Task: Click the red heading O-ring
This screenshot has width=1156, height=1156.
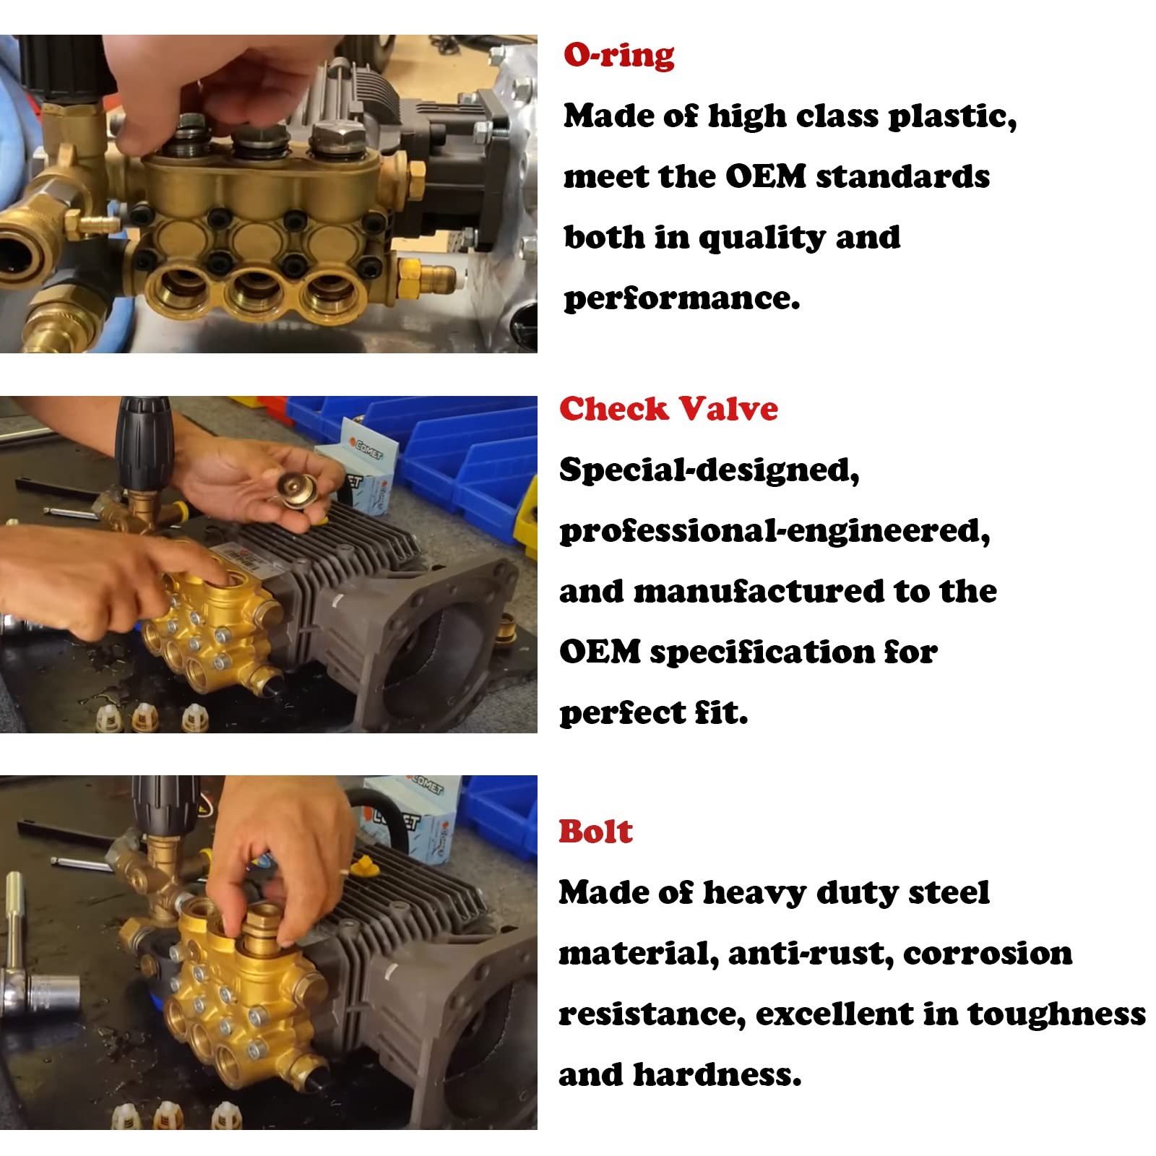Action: pos(619,56)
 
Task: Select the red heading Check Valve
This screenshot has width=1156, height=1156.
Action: pos(668,409)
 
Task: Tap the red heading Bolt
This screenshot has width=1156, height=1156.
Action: pos(595,832)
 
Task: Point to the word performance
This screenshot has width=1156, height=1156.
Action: pos(681,298)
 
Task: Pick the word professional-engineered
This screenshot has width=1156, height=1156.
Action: pos(775,532)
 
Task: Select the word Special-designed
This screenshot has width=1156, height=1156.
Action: pos(709,471)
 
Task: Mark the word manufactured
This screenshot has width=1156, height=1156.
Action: pos(759,592)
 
